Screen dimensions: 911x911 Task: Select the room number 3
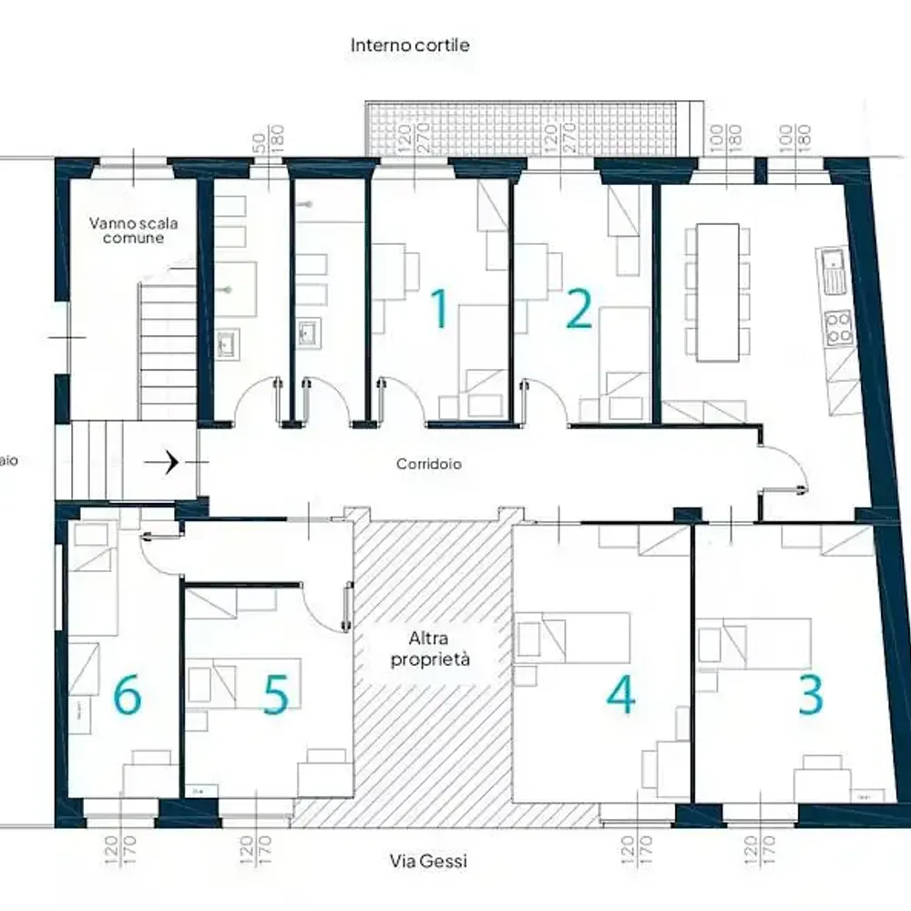click(810, 694)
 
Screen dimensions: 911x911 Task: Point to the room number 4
click(620, 694)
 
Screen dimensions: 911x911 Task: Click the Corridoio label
click(428, 464)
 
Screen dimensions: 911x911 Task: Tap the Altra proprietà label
click(430, 649)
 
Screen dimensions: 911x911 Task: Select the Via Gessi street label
click(428, 861)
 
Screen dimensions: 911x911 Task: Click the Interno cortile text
click(410, 45)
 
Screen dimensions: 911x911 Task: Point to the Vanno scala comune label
click(127, 230)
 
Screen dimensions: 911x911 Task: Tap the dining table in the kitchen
click(717, 292)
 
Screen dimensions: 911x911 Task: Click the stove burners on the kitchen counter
click(838, 328)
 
